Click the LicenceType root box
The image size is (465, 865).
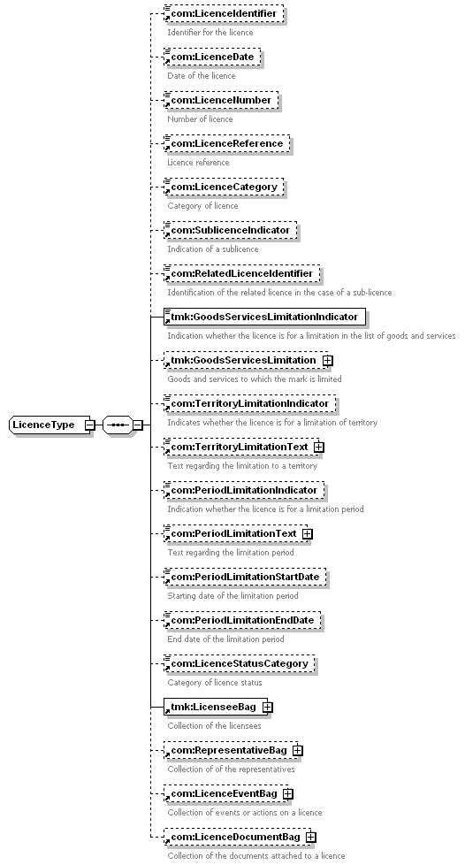pyautogui.click(x=50, y=425)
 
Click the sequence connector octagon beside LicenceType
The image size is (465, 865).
pyautogui.click(x=118, y=425)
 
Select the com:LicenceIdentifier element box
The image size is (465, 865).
pyautogui.click(x=224, y=13)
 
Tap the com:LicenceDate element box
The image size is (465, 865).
pyautogui.click(x=212, y=57)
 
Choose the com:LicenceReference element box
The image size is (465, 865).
pyautogui.click(x=226, y=143)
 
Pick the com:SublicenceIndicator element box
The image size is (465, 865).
pyautogui.click(x=230, y=230)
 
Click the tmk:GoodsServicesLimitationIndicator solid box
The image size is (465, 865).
pyautogui.click(x=265, y=318)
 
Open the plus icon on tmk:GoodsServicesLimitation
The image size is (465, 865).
pyautogui.click(x=328, y=360)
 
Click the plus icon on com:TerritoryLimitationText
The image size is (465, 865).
pyautogui.click(x=319, y=447)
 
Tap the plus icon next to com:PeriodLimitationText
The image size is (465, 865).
pyautogui.click(x=308, y=533)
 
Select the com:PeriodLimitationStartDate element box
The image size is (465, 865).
pyautogui.click(x=245, y=577)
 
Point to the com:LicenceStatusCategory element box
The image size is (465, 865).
pyautogui.click(x=240, y=663)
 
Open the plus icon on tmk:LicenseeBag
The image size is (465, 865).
pyautogui.click(x=268, y=707)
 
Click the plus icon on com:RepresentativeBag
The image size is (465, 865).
pyautogui.click(x=298, y=750)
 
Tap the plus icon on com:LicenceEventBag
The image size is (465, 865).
pyautogui.click(x=288, y=794)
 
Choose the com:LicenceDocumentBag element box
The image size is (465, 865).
pyautogui.click(x=237, y=837)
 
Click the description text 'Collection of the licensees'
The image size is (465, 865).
pyautogui.click(x=215, y=726)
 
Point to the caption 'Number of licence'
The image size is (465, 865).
pyautogui.click(x=200, y=119)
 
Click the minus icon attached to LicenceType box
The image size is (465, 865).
pyautogui.click(x=89, y=425)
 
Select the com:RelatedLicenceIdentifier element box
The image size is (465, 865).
pyautogui.click(x=241, y=273)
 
